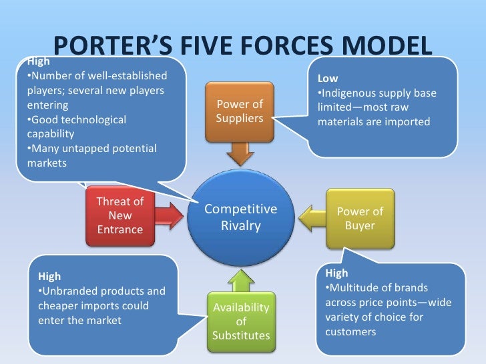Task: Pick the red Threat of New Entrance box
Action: pos(120,215)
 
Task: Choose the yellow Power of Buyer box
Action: pos(360,218)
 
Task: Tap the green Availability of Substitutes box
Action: pos(240,321)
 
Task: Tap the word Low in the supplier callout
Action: pos(328,79)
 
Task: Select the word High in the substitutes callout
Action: pos(49,276)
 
